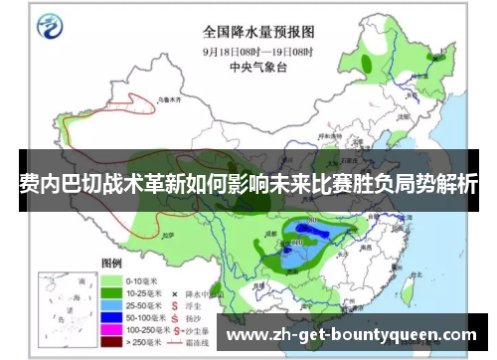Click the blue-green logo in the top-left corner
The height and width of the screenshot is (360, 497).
point(46,27)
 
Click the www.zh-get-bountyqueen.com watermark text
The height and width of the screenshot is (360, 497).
point(353,334)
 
